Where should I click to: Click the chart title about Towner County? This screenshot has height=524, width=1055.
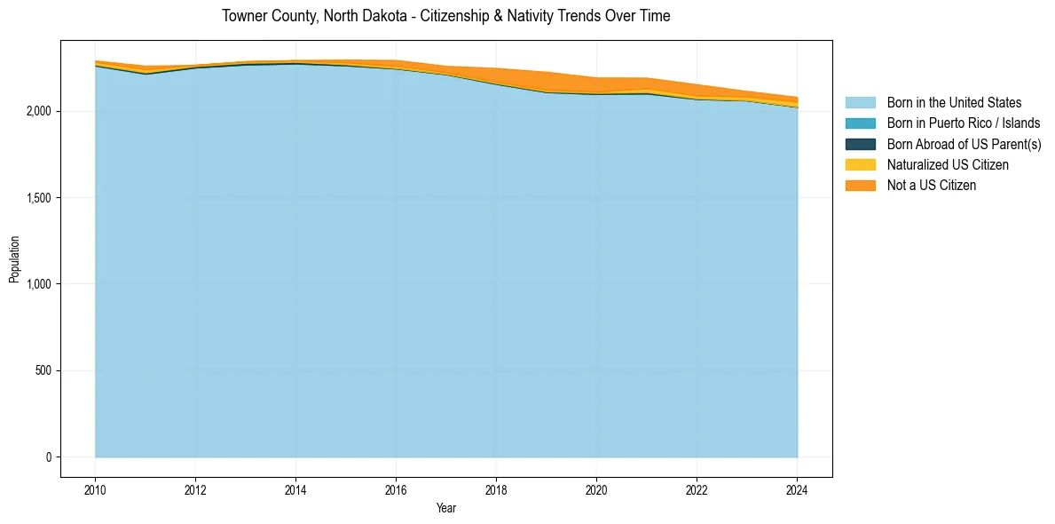click(x=446, y=16)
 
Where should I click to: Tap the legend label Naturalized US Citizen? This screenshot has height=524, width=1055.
click(x=948, y=164)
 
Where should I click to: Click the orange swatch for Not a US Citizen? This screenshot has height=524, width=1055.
click(x=860, y=185)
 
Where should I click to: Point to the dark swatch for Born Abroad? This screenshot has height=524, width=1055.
click(x=860, y=144)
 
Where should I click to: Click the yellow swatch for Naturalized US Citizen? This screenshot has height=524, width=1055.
click(x=860, y=164)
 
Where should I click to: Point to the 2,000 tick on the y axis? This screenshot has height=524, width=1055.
click(x=40, y=111)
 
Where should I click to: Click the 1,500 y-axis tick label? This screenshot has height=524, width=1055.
click(x=40, y=198)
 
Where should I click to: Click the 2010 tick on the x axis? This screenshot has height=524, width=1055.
click(x=95, y=490)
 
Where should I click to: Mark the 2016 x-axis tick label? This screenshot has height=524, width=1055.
click(x=396, y=490)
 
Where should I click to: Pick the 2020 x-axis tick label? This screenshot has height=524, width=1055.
click(x=596, y=490)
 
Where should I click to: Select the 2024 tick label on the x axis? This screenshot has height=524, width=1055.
click(x=797, y=490)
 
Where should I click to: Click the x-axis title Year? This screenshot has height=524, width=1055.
click(x=446, y=509)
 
